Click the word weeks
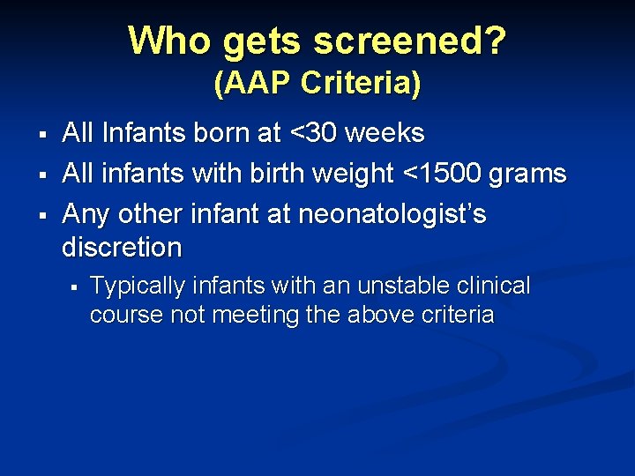pyautogui.click(x=385, y=133)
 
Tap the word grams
pyautogui.click(x=528, y=175)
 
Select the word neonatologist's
pyautogui.click(x=392, y=215)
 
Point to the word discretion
pyautogui.click(x=122, y=247)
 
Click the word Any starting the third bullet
pyautogui.click(x=86, y=215)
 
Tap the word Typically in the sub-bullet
pyautogui.click(x=138, y=286)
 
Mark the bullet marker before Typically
pyautogui.click(x=75, y=286)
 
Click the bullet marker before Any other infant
pyautogui.click(x=41, y=214)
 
